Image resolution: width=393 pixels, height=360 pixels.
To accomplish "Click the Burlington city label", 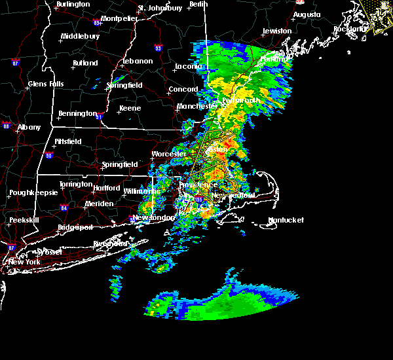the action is [73, 5].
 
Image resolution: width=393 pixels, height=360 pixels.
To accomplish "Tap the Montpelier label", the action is [119, 18].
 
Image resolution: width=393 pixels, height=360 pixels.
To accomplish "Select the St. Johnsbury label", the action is [160, 9].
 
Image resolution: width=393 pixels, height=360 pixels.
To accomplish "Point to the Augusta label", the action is [307, 14].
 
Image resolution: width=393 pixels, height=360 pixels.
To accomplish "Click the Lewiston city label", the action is [276, 31].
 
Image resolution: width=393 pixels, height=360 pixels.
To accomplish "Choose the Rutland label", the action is [85, 63].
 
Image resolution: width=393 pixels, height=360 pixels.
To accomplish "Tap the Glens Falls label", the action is [46, 84].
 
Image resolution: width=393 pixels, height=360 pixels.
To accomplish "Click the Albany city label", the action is [29, 128].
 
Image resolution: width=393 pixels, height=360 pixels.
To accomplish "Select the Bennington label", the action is [77, 114].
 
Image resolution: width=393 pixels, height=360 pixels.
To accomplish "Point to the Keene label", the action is [130, 109].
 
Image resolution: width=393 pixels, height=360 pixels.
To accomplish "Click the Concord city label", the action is [183, 90].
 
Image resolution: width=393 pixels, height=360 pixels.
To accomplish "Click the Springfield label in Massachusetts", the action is [120, 164].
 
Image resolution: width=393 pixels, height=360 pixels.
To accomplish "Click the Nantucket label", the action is [286, 220].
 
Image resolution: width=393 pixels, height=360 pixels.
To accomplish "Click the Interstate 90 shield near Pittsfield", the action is [48, 155].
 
